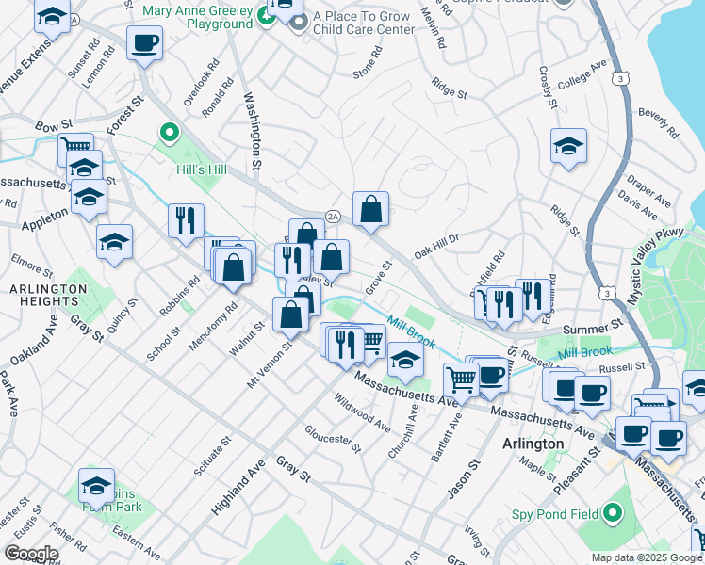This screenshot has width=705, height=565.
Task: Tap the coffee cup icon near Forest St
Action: click(144, 43)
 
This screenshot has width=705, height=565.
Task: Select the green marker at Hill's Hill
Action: click(170, 133)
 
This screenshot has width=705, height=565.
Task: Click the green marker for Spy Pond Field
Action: click(613, 514)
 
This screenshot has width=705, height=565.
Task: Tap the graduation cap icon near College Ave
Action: click(568, 146)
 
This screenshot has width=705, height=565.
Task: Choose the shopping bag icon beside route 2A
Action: click(371, 209)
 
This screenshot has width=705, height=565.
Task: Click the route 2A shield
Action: click(332, 217)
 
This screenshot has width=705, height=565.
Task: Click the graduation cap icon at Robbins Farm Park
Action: click(96, 486)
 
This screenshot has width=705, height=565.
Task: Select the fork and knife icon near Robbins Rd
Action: click(186, 220)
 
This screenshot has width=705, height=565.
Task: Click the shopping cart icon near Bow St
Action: click(75, 148)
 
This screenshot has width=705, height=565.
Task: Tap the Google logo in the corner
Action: click(31, 554)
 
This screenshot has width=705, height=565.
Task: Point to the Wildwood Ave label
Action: click(362, 412)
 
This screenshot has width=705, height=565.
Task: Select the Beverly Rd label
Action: click(658, 123)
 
